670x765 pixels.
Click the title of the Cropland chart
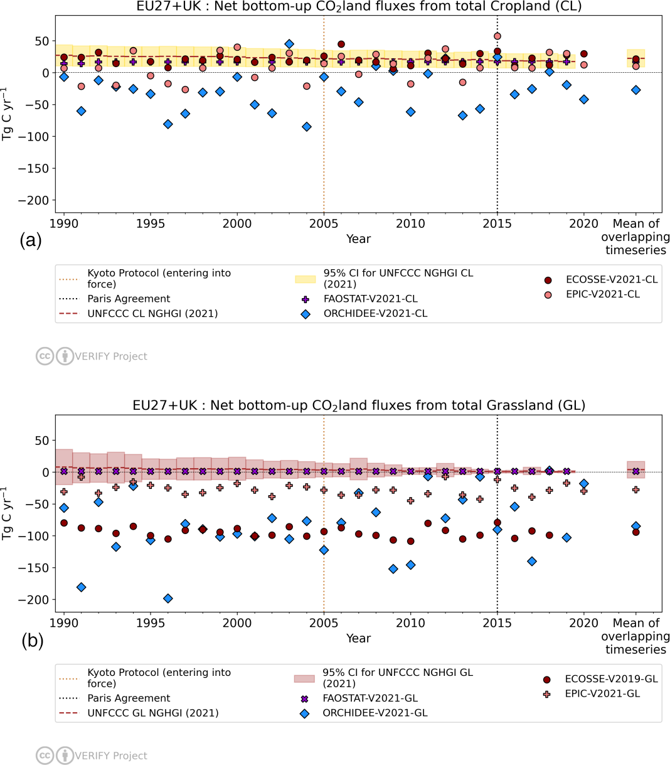coord(358,7)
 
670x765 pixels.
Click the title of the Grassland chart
coord(358,405)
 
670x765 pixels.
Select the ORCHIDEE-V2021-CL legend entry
coord(375,314)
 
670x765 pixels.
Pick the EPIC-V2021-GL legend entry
coord(602,693)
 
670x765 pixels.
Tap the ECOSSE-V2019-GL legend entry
coord(611,679)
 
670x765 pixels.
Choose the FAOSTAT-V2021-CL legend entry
coord(370,299)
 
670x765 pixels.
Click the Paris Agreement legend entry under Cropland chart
coord(129,299)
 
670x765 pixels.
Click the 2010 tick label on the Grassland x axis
coord(410,623)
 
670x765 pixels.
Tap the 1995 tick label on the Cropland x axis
coord(151,224)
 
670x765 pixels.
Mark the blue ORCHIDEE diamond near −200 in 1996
coord(167,599)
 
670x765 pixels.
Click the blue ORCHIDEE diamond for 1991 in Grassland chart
coord(81,587)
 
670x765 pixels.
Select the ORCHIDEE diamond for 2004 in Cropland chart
coord(307,127)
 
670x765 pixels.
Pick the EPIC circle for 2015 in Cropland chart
coord(497,36)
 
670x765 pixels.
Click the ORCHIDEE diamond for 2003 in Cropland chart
coord(289,44)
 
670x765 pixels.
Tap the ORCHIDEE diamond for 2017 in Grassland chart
coord(532,561)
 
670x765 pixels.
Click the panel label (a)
coord(31,240)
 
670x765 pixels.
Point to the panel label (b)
coord(31,640)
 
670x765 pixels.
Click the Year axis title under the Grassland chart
coord(358,638)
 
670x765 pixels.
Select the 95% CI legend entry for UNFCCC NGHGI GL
coord(398,678)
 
